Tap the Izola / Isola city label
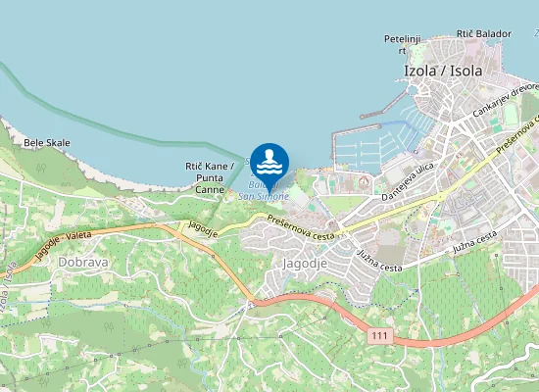444,71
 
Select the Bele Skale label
47,142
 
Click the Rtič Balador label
483,33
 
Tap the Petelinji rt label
402,44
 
